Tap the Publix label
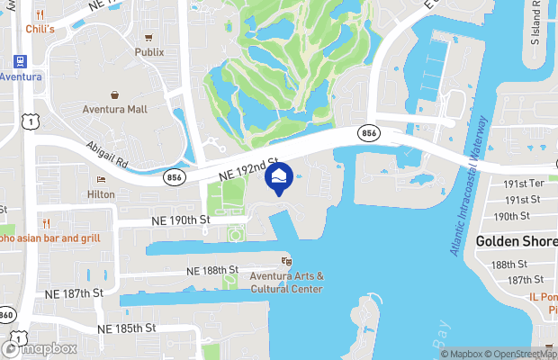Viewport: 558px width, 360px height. point(149,52)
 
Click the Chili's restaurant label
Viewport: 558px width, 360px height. point(40,30)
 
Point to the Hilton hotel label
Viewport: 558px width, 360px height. point(100,193)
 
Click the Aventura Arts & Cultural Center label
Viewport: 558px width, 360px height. point(286,282)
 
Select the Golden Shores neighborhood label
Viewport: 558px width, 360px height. point(516,240)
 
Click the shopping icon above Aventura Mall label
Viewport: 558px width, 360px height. point(115,94)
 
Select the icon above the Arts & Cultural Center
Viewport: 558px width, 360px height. point(286,261)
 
